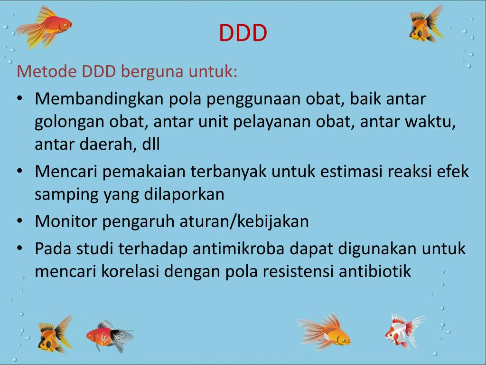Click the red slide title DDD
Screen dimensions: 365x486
243,33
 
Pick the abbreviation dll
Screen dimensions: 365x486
150,144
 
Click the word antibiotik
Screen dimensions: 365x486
374,271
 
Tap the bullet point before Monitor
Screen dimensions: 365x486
19,221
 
